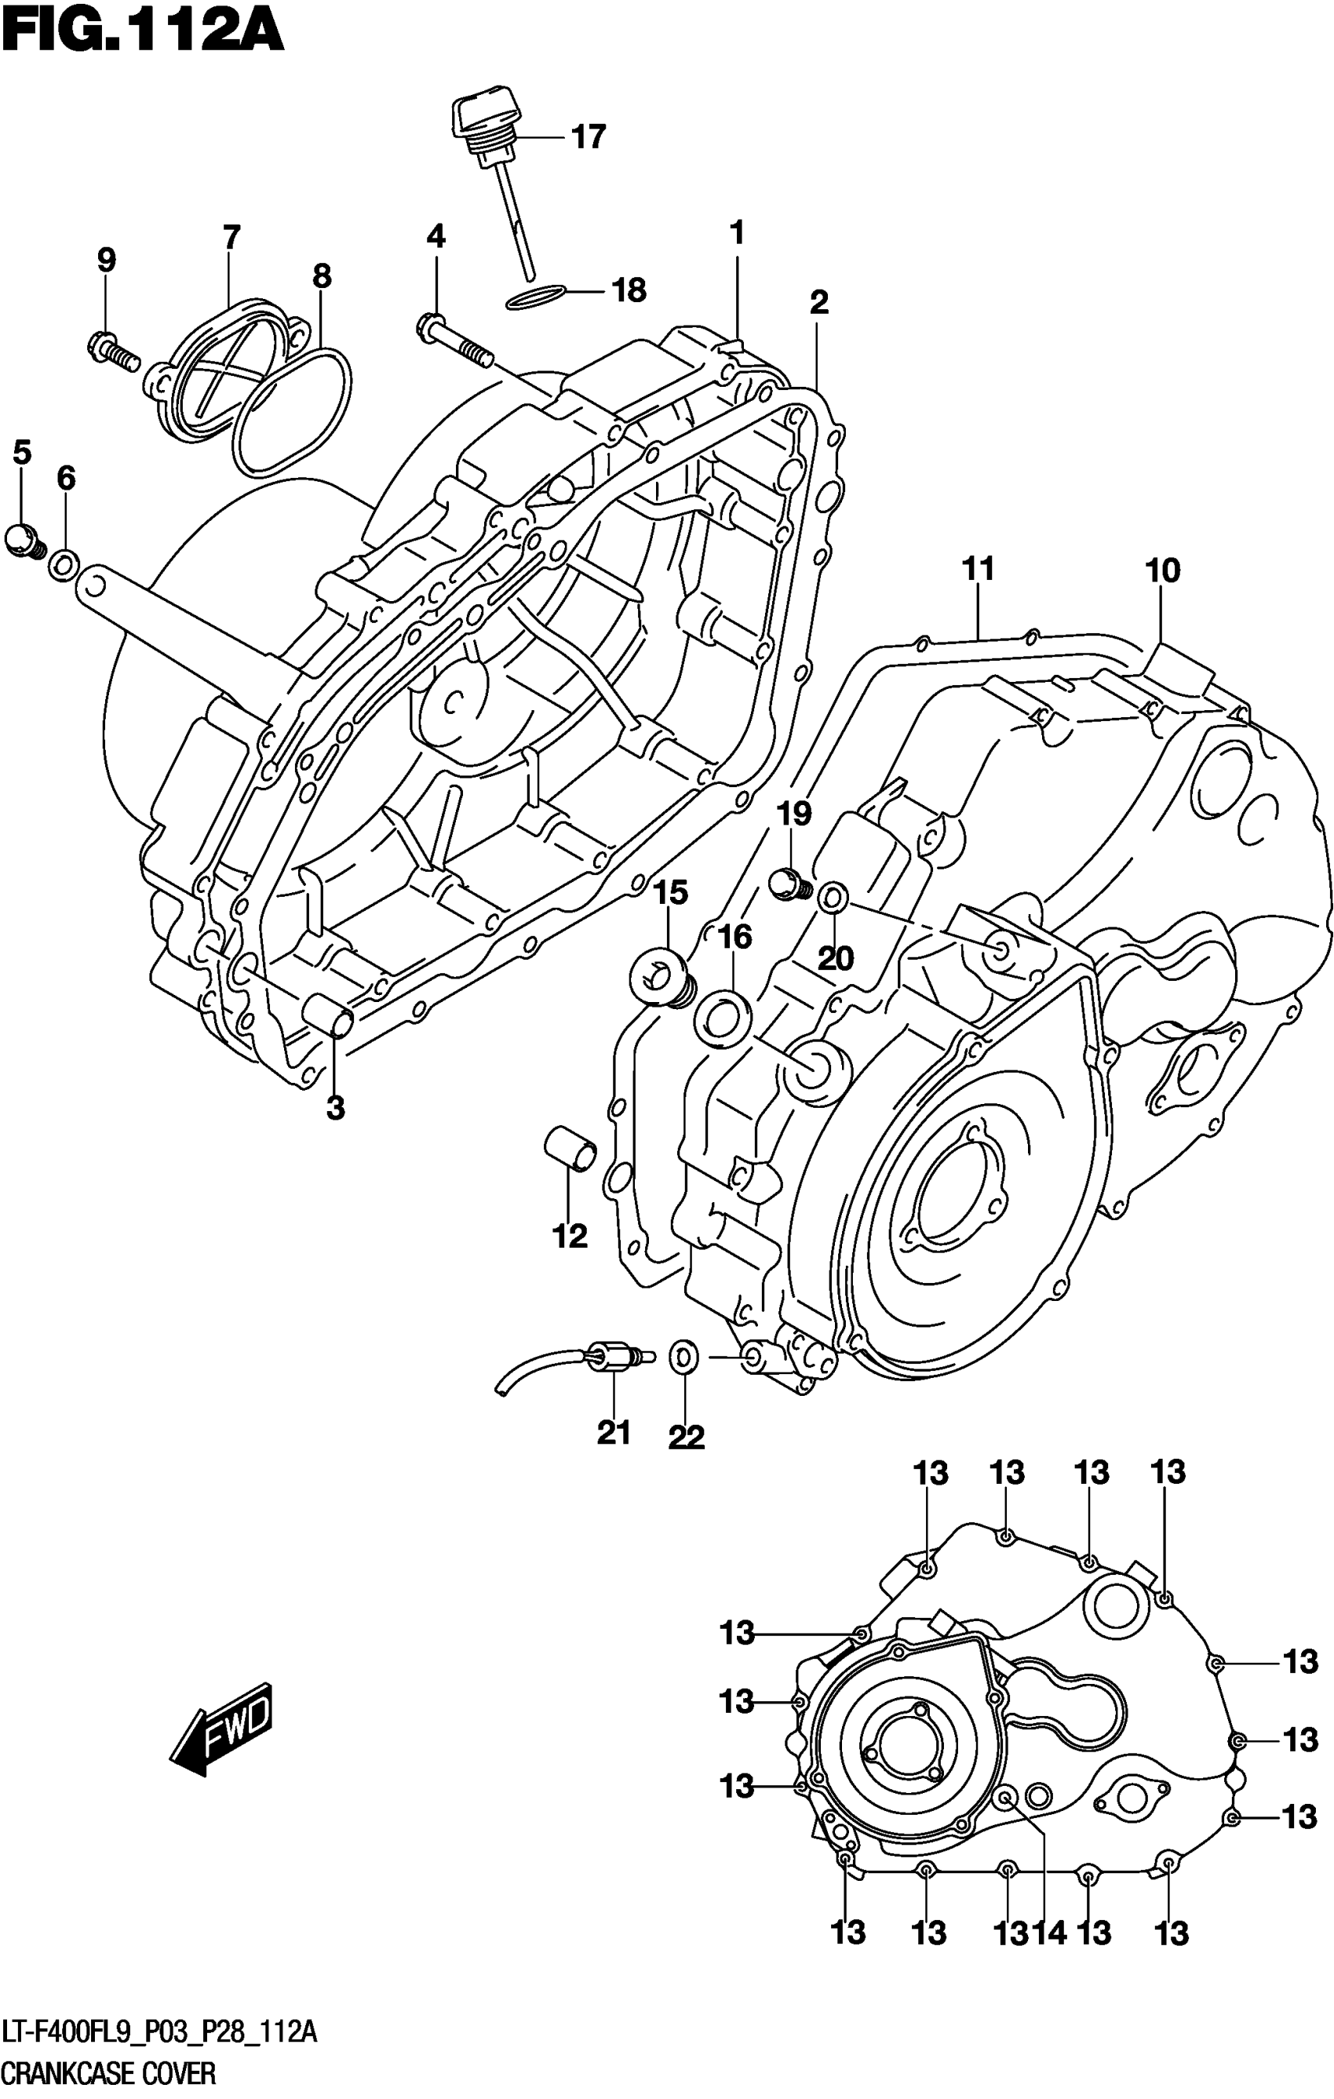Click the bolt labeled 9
click(x=115, y=352)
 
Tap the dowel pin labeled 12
click(x=571, y=1147)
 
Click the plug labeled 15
click(x=660, y=978)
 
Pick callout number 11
click(x=978, y=569)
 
